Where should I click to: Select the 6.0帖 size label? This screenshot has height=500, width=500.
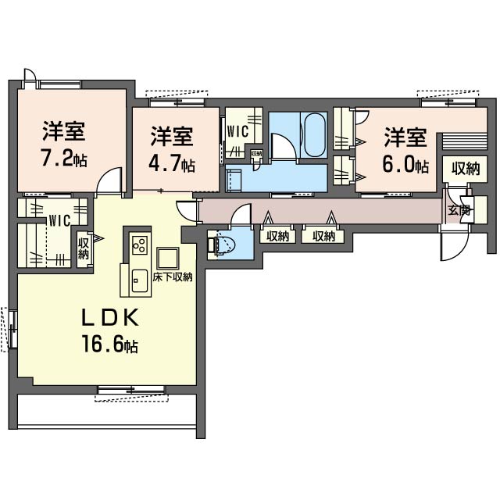point(405,164)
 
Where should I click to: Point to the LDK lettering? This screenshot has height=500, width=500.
point(110,318)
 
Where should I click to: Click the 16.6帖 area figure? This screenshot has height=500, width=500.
point(110,344)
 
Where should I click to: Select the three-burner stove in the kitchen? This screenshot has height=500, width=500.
point(140,245)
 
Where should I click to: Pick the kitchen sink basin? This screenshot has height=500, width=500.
point(140,280)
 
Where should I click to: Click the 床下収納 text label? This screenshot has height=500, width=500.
point(173,277)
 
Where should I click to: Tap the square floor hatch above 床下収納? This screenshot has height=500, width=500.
point(167,258)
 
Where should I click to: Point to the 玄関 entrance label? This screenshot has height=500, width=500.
point(459,210)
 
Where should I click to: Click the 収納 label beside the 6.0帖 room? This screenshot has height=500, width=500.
point(465,169)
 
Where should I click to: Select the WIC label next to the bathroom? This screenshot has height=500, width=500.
point(237,132)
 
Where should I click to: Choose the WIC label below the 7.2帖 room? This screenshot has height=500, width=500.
point(59,220)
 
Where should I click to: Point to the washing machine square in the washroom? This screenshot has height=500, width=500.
point(234,180)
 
